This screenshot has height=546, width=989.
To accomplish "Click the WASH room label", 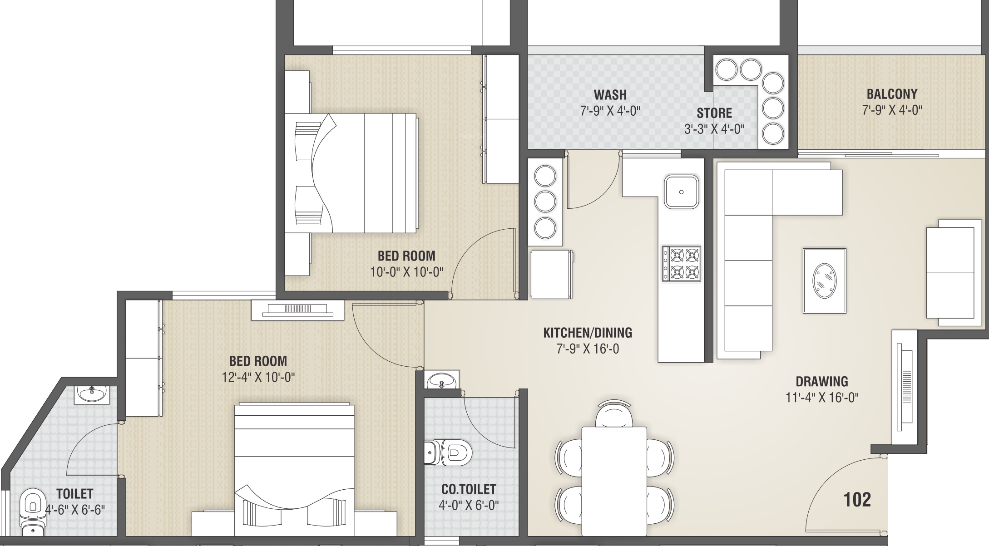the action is (x=610, y=95).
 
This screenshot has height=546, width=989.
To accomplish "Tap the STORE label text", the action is (x=714, y=113).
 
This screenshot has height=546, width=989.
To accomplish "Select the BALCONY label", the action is (x=892, y=94).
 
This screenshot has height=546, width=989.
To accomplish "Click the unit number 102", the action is (x=857, y=500).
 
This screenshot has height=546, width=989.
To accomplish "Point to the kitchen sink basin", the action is (x=681, y=192).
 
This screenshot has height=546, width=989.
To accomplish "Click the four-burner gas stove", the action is (x=681, y=264).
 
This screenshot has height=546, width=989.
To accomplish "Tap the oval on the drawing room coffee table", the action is (x=824, y=281).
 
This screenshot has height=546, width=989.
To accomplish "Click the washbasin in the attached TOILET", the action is (x=92, y=394).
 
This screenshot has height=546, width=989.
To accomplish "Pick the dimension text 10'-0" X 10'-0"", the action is (x=406, y=272).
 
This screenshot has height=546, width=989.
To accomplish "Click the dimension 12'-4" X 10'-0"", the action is (x=258, y=377).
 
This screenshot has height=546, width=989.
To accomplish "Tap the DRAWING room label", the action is (x=822, y=381).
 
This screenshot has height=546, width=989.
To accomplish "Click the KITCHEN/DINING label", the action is (x=588, y=333).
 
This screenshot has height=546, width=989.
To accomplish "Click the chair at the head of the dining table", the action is (x=614, y=414).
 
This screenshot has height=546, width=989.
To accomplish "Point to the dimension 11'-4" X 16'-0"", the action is (x=822, y=398).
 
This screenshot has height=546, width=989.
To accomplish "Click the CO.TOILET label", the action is (x=469, y=489).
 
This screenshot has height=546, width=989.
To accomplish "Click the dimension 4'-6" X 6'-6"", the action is (x=75, y=510).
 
